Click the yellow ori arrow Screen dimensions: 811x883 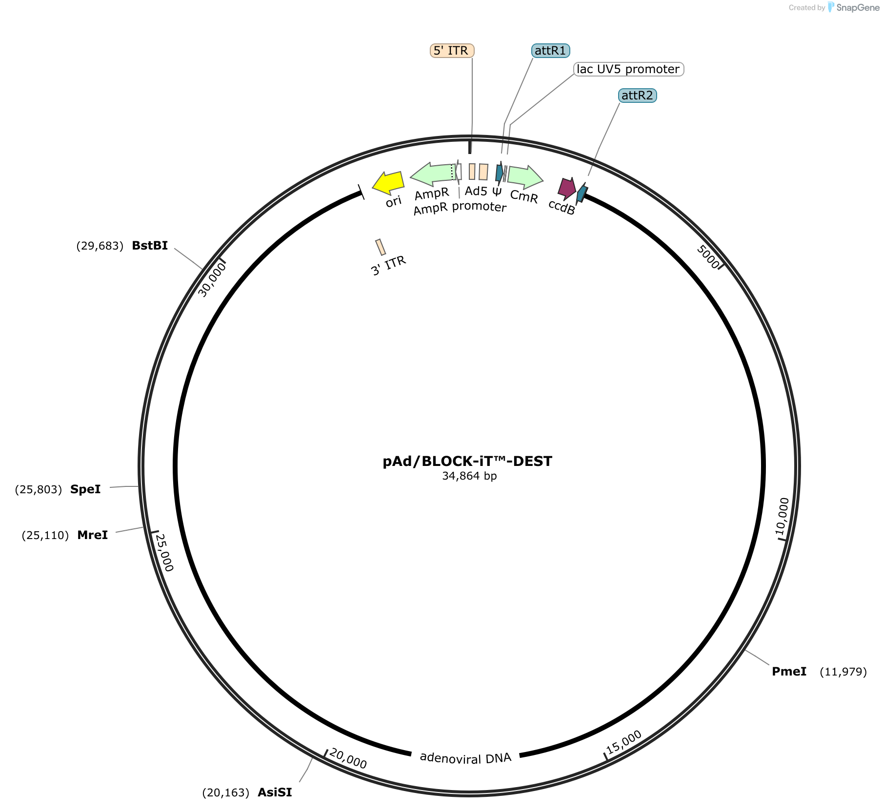click(x=388, y=182)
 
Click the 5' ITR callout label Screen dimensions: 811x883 click(x=452, y=51)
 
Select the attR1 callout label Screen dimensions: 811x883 click(x=550, y=51)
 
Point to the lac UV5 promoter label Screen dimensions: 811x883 click(x=628, y=69)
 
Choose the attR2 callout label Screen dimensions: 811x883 click(x=637, y=95)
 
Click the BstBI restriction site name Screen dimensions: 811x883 click(x=150, y=246)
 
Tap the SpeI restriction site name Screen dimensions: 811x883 click(x=85, y=489)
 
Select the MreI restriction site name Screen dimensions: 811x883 click(x=92, y=535)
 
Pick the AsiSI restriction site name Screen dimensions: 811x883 click(x=275, y=792)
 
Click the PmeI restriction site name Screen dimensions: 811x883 click(x=789, y=672)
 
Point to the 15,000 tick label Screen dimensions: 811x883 click(x=624, y=742)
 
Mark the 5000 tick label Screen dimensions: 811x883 click(x=708, y=256)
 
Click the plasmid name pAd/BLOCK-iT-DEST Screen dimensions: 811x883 click(x=467, y=461)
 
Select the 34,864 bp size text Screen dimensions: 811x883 click(x=469, y=476)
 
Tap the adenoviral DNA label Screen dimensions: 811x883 click(x=465, y=757)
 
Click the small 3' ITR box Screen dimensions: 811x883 click(x=381, y=247)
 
